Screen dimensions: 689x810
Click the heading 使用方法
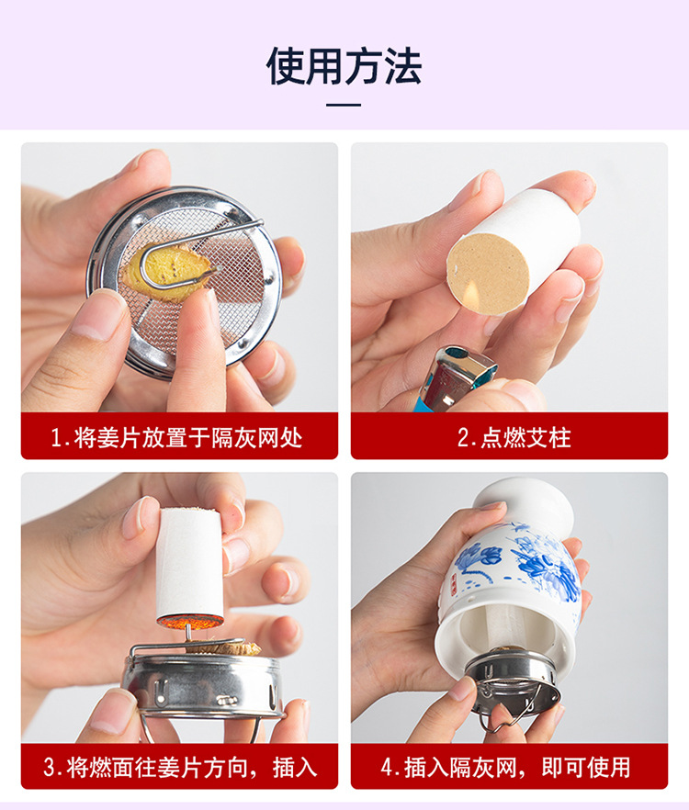point(344,66)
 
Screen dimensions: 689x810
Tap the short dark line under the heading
point(344,105)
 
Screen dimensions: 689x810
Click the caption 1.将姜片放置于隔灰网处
point(176,438)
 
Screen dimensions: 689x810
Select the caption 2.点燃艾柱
point(514,438)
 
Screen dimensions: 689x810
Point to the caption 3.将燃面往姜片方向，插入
point(180,767)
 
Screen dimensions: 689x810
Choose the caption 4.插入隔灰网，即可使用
point(506,767)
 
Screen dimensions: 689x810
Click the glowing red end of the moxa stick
point(190,621)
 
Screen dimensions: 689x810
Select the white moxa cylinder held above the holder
point(190,568)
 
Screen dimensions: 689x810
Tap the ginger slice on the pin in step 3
point(223,647)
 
